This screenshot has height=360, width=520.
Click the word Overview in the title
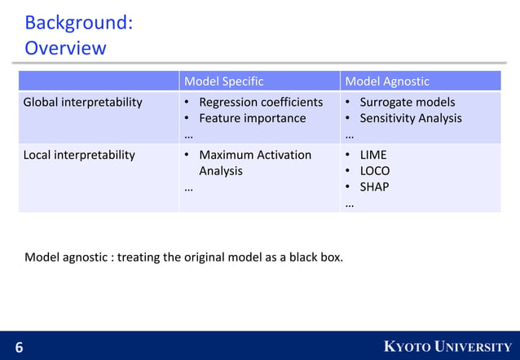[x=65, y=48]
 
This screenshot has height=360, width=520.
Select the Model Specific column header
[x=223, y=81]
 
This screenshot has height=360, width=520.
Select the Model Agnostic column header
[x=387, y=81]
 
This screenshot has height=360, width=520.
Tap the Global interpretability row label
[x=82, y=103]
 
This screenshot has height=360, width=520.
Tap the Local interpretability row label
[x=79, y=155]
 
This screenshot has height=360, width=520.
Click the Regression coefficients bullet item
[x=261, y=103]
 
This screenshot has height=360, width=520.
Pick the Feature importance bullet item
[x=252, y=118]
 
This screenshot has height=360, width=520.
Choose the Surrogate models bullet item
[x=408, y=103]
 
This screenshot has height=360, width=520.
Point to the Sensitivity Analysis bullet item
[x=411, y=118]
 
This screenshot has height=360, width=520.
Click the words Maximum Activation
[x=255, y=155]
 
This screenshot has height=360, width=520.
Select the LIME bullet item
[x=373, y=155]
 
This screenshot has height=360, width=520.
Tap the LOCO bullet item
[x=375, y=171]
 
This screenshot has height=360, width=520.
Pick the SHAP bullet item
[x=374, y=187]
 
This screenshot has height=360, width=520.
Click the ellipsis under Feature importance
[x=188, y=135]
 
